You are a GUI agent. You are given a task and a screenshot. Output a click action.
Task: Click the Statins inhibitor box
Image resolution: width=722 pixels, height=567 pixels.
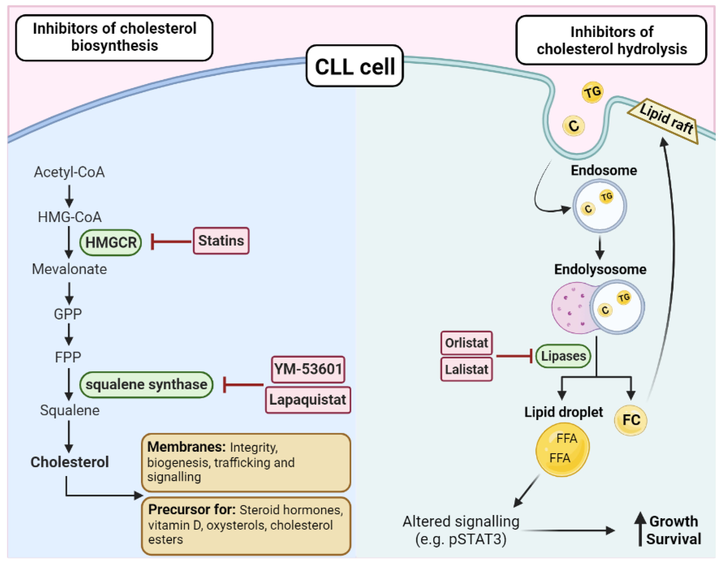[221, 241]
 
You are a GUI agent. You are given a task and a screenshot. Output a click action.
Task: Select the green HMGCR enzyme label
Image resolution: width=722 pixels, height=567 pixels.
[111, 243]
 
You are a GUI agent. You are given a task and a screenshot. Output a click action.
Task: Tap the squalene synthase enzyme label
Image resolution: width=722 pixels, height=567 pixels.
[146, 385]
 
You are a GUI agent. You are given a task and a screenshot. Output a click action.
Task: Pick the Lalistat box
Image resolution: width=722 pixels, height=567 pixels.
[466, 369]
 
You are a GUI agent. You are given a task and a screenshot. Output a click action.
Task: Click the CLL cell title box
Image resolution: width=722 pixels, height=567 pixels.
[355, 66]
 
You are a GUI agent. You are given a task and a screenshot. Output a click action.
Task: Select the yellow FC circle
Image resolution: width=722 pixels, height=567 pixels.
[631, 420]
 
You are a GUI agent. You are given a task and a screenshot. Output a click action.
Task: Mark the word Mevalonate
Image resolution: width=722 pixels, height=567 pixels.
[69, 269]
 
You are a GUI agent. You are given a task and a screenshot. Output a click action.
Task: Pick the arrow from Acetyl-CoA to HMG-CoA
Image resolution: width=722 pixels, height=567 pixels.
[69, 196]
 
